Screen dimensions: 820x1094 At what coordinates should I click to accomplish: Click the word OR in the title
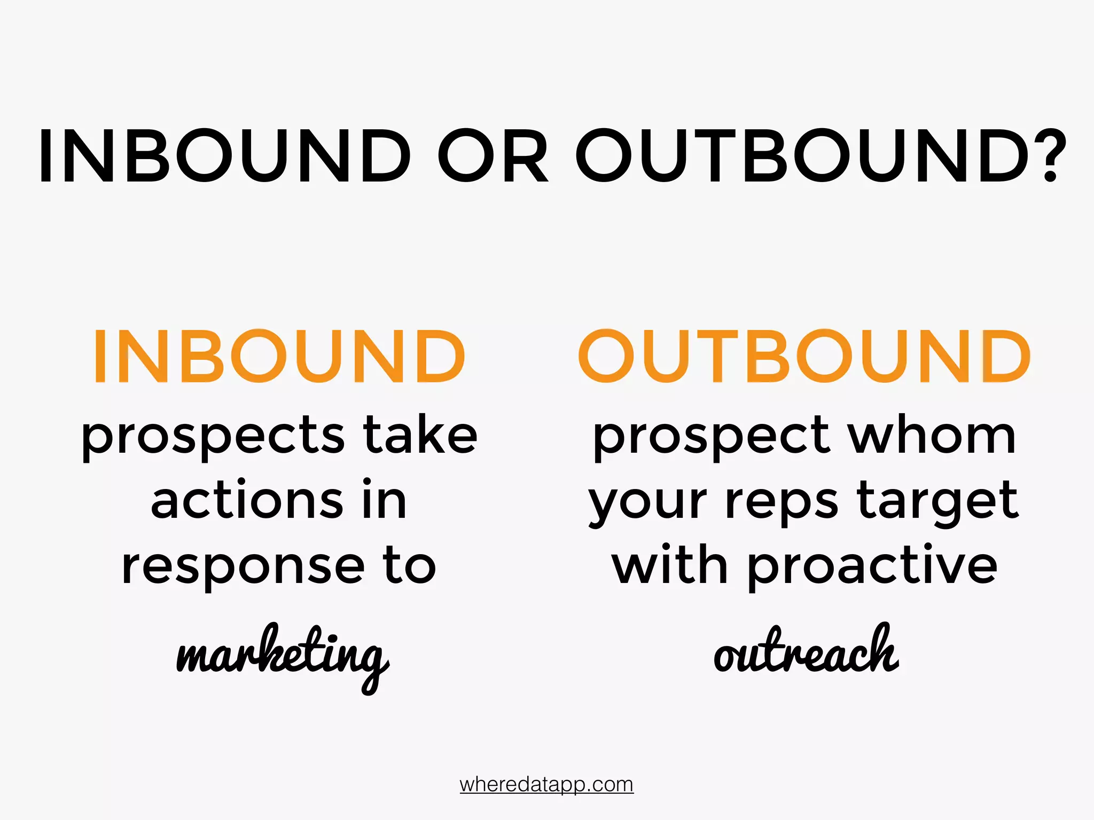(493, 156)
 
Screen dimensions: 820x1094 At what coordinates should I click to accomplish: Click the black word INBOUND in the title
(225, 156)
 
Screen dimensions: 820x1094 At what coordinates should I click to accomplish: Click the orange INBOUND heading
(279, 356)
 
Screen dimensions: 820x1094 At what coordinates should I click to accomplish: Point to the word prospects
(213, 437)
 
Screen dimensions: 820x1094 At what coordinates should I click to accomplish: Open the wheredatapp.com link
(546, 784)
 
